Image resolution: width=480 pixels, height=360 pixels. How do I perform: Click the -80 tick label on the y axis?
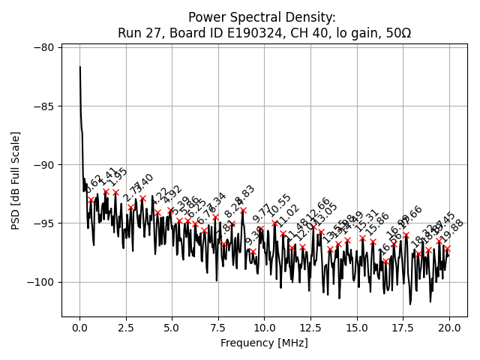[x=43, y=47]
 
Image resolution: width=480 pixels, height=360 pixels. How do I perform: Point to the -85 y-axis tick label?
[x=43, y=106]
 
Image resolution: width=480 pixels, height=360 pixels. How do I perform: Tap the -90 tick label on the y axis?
[x=43, y=164]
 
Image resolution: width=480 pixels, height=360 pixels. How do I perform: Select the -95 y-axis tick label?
[x=43, y=223]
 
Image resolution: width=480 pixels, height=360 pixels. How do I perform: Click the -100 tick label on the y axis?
[x=41, y=282]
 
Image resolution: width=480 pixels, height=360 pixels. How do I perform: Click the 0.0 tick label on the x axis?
[x=79, y=327]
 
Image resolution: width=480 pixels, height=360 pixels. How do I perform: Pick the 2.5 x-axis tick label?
[x=126, y=327]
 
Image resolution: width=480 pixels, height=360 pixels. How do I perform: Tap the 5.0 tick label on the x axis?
[x=172, y=327]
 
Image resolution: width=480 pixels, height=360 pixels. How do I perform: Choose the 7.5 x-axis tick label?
[x=218, y=327]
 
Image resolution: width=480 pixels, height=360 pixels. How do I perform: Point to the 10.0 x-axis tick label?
[x=265, y=327]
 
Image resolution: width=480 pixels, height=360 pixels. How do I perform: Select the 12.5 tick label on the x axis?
[x=310, y=327]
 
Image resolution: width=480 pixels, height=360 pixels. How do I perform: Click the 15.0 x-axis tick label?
[x=357, y=327]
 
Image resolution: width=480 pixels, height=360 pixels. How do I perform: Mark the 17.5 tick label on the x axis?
[x=403, y=327]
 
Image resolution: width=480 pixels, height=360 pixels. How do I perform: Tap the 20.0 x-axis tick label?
[x=449, y=327]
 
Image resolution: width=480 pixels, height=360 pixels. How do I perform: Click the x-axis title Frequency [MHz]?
[x=265, y=343]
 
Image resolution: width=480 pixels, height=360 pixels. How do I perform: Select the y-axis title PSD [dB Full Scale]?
[x=15, y=180]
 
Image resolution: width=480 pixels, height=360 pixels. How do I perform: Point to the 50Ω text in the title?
[x=395, y=33]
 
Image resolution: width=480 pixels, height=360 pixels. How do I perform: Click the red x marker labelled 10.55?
[x=275, y=223]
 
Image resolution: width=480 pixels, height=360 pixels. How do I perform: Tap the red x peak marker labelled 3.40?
[x=142, y=199]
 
